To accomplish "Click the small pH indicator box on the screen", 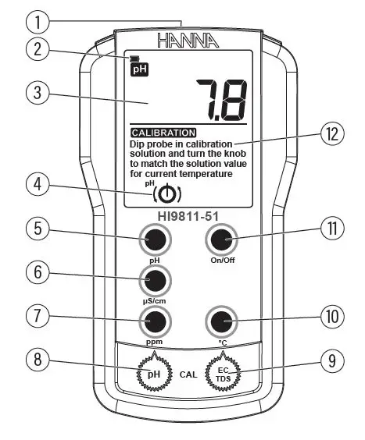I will [x=138, y=68].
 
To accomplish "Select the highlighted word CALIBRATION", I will [x=163, y=133].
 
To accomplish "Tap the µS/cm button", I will [x=156, y=279].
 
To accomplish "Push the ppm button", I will [x=156, y=320].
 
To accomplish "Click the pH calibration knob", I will [x=155, y=374].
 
